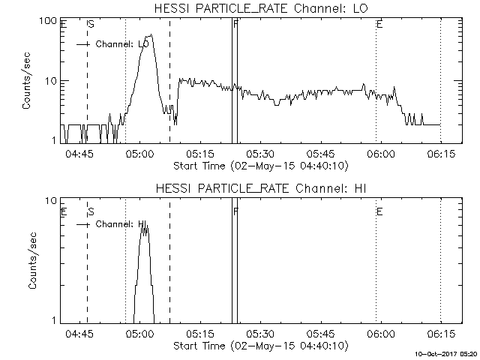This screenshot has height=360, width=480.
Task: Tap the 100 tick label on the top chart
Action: tap(49, 20)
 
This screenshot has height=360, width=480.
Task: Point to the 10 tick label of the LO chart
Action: tap(52, 80)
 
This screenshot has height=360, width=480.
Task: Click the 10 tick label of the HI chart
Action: tap(52, 200)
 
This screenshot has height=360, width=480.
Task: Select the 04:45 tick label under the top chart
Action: tap(79, 154)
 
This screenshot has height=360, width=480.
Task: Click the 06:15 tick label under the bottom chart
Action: tap(440, 334)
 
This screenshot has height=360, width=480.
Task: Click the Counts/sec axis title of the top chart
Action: tap(26, 81)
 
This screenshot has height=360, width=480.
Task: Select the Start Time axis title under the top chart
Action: tap(259, 165)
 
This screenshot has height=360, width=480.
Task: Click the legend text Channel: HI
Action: tap(120, 224)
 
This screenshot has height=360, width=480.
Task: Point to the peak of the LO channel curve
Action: tap(151, 34)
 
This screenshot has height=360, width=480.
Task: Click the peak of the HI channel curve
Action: tap(145, 224)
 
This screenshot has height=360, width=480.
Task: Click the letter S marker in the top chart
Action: tap(91, 25)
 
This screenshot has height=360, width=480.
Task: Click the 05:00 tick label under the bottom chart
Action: tap(139, 334)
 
